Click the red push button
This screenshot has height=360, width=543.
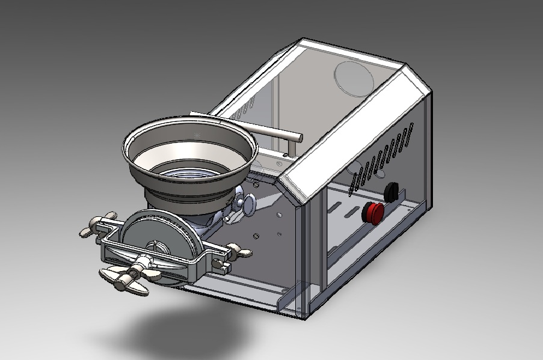click(x=373, y=212)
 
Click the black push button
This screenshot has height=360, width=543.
click(x=391, y=192)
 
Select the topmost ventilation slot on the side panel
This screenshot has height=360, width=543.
click(x=411, y=130)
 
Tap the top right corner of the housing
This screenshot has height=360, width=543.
click(x=428, y=90)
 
